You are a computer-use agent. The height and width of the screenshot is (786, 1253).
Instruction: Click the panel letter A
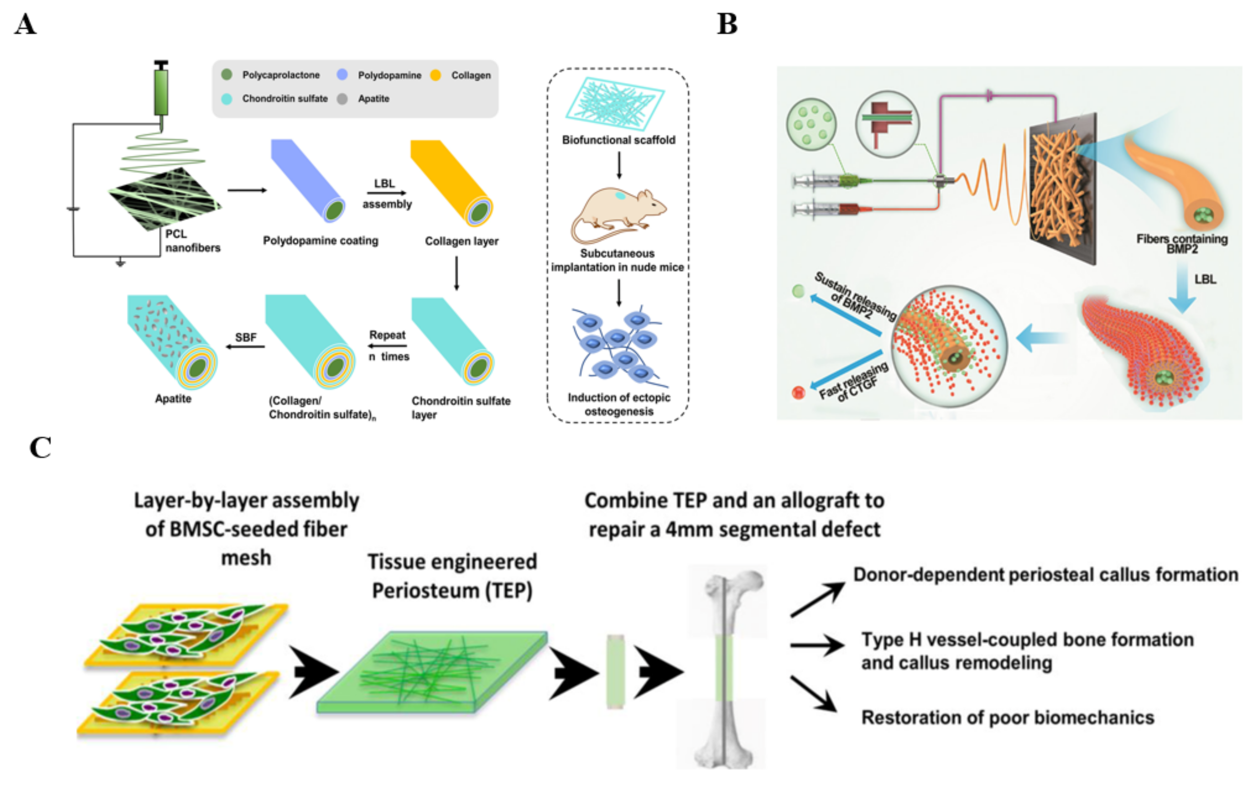coord(25,24)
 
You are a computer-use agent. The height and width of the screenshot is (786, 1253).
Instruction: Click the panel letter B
coord(727,24)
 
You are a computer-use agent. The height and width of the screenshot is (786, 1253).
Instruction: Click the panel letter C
coord(40,448)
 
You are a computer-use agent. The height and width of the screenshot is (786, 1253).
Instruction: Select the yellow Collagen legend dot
coord(435,75)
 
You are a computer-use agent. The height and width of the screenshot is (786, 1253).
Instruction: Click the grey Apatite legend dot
coord(342,99)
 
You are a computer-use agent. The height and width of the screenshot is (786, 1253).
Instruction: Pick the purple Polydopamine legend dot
coord(342,75)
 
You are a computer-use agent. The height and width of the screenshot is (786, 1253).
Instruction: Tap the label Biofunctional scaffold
coord(618,140)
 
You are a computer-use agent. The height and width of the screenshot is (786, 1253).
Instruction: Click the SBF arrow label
coord(246,337)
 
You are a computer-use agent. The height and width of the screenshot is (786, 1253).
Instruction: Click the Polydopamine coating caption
coord(320,241)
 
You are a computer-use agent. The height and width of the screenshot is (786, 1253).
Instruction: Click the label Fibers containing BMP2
coord(1182,243)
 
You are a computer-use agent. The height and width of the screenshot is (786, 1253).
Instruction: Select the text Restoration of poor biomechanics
coord(1007,717)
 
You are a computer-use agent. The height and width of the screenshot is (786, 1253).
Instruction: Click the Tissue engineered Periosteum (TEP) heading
coord(452,576)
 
